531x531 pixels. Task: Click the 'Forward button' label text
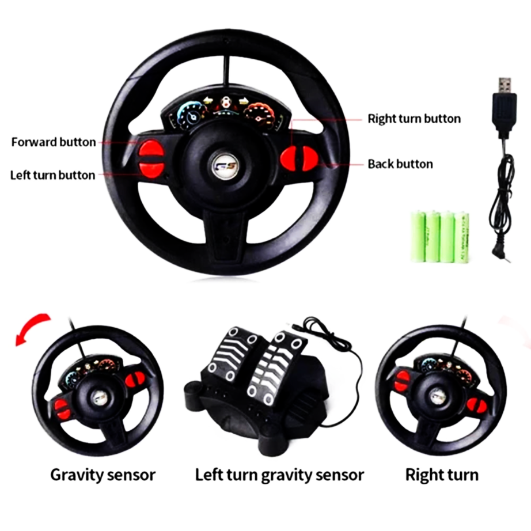(54, 142)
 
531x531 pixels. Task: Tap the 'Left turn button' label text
(52, 175)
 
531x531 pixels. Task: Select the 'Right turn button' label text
(414, 119)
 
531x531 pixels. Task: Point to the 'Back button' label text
(400, 164)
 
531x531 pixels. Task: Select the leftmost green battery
(418, 236)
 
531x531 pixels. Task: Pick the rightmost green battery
(462, 237)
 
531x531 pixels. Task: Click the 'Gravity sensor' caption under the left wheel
(103, 475)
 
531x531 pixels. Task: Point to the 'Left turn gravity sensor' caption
(279, 475)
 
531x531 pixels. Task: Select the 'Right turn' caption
(442, 475)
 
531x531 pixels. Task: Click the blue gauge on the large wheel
(192, 112)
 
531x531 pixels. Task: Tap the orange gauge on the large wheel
(257, 111)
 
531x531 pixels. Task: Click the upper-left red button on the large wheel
(152, 148)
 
